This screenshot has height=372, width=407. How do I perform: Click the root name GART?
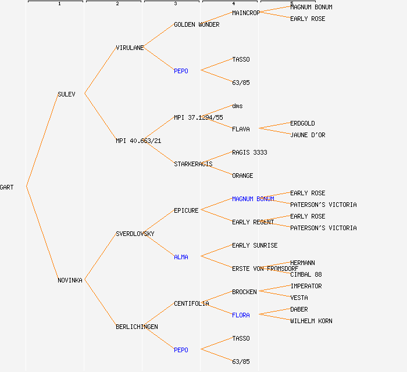pos(7,187)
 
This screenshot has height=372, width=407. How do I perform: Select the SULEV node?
pos(66,94)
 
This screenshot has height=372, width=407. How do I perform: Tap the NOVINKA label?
pos(70,280)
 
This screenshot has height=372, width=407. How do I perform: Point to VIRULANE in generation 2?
pos(130,48)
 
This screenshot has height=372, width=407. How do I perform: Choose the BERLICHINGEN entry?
pos(137,327)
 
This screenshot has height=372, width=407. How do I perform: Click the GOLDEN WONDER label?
pos(197,24)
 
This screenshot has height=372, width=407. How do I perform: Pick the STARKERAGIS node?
pos(193,164)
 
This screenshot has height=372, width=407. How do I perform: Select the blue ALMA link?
pos(181,257)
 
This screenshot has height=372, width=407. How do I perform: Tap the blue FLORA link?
pos(241,315)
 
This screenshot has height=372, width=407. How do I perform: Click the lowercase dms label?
pos(237,106)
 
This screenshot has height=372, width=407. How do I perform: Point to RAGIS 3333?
pos(249,152)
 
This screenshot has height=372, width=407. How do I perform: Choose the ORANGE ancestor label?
pos(242,176)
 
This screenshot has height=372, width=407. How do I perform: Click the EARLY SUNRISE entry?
pos(255,245)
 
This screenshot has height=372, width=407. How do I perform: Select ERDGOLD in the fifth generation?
pos(302,123)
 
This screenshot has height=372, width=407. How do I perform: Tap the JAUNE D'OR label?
pos(308,135)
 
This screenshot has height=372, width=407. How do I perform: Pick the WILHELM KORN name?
pos(311,321)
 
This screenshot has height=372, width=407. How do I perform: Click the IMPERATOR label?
pos(306,286)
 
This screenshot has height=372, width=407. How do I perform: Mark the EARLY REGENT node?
pos(253,222)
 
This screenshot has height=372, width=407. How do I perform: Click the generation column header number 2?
pos(117,4)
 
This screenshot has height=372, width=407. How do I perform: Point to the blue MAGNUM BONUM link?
pos(253,199)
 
